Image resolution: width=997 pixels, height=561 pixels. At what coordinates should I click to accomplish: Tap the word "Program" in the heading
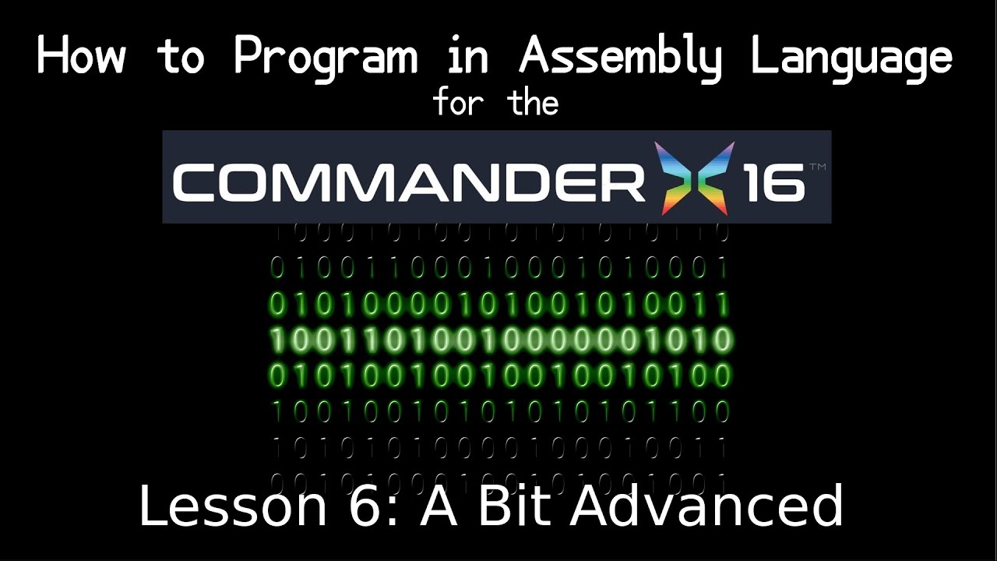[325, 58]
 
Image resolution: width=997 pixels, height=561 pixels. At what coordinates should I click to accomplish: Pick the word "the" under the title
[534, 102]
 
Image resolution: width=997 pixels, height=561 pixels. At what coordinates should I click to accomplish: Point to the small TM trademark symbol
[818, 167]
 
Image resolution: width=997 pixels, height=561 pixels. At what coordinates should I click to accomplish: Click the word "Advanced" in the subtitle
[707, 506]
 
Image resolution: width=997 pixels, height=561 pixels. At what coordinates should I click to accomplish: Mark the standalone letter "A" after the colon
[442, 506]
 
